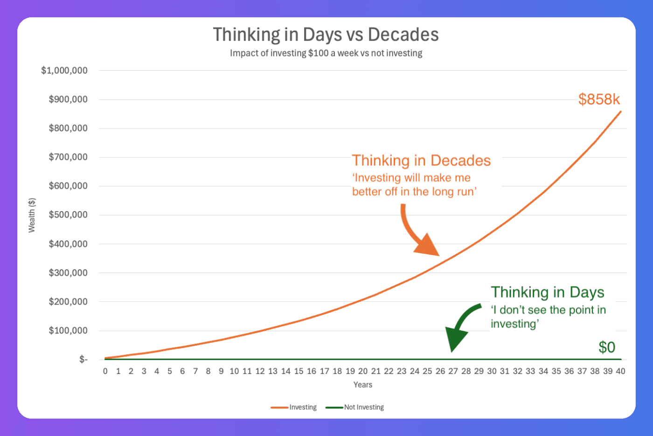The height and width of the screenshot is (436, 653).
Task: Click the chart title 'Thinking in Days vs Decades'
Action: point(326,34)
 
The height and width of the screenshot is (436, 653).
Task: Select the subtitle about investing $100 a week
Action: point(326,53)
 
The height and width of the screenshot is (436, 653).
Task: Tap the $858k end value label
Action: point(599,99)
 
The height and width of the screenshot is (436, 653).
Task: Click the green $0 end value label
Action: point(607,347)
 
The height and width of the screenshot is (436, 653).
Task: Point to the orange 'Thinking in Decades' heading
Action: point(421,160)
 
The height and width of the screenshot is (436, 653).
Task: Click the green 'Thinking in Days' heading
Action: point(548,292)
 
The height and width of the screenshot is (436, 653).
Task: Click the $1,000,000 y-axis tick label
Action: point(64,70)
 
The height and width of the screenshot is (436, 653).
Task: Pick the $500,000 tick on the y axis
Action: point(68,215)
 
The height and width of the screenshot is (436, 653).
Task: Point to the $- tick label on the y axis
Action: point(83,360)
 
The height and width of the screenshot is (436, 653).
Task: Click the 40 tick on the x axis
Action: point(620,371)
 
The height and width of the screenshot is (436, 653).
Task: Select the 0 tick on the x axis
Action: point(105,371)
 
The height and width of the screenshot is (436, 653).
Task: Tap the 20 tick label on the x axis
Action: point(363,371)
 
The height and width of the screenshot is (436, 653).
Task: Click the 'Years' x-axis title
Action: point(363,385)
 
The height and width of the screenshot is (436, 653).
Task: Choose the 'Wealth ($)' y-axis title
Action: point(32,215)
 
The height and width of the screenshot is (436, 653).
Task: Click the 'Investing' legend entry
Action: point(293,407)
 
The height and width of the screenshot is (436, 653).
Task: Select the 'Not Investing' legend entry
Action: point(354,407)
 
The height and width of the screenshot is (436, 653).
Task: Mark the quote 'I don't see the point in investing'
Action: point(549,317)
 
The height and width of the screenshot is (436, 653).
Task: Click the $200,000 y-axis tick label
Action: point(68,301)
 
